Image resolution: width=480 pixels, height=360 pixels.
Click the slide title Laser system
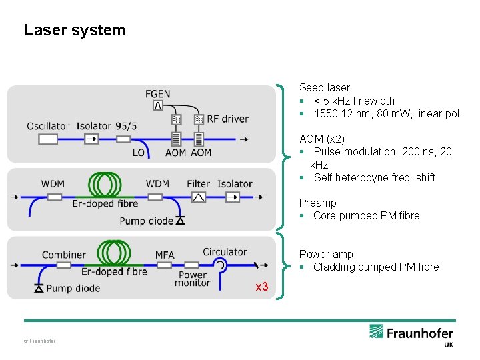point(74,30)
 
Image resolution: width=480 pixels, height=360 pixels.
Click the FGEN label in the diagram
point(157,93)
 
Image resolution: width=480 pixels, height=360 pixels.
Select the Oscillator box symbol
point(48,139)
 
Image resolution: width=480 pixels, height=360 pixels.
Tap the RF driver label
point(227,119)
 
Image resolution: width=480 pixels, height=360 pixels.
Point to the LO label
point(138,153)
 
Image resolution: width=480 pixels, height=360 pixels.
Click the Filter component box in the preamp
point(198,197)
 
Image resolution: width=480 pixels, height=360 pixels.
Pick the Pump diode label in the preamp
point(146,221)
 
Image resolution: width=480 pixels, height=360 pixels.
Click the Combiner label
point(64,255)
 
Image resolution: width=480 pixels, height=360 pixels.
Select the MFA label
point(165,255)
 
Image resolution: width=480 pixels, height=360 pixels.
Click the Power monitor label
point(193,279)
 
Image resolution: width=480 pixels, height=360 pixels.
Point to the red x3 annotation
point(262,287)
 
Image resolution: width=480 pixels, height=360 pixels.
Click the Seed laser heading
point(324,87)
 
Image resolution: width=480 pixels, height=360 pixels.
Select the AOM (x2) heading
point(322,139)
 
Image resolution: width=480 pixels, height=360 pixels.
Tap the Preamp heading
point(317,203)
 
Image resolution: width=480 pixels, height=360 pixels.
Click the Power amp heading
point(326,254)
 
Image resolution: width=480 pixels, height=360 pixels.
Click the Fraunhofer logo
point(411,334)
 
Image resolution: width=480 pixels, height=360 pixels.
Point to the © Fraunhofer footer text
point(39,341)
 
